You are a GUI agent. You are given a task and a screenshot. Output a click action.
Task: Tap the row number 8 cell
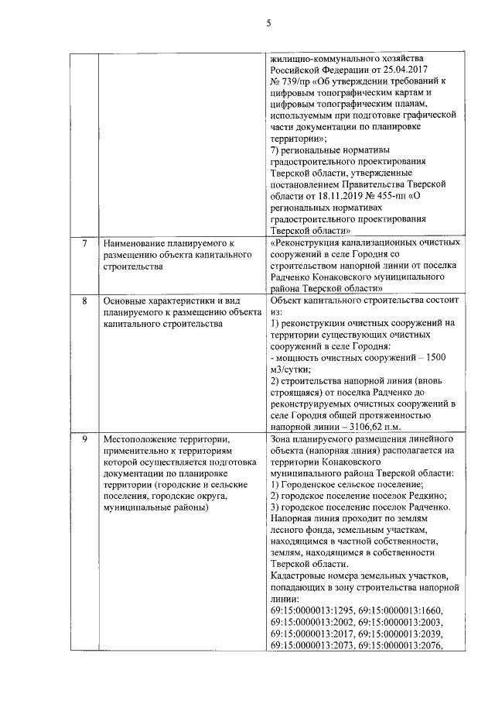84,301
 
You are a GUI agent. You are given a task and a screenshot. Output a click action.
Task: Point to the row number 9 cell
84,439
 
